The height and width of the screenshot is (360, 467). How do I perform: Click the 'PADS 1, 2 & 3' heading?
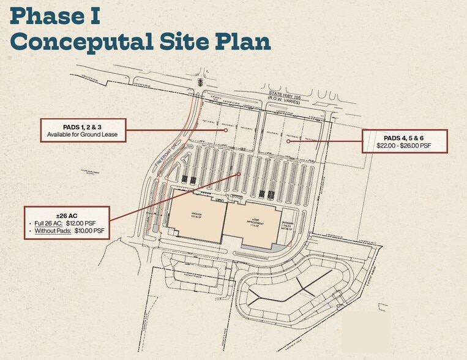83,126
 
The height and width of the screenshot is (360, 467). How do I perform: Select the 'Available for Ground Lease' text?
83,134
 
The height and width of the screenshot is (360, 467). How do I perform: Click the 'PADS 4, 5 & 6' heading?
405,138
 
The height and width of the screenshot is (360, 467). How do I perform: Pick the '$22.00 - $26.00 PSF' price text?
405,147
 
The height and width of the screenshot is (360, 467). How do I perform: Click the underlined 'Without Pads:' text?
54,231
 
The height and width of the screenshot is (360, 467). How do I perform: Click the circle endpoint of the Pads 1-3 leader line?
225,130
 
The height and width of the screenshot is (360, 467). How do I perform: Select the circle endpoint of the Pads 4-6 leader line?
288,141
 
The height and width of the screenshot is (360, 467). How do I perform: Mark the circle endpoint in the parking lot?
237,174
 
